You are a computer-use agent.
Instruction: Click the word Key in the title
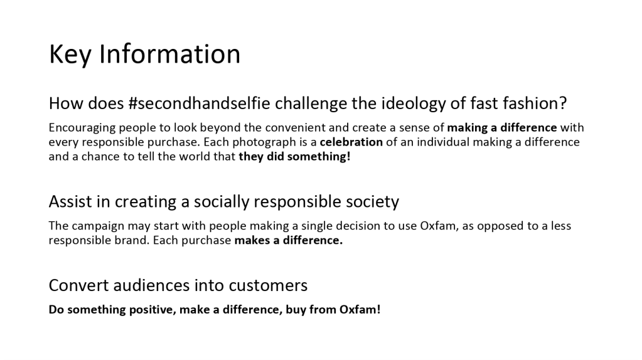70,54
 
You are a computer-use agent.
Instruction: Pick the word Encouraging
82,128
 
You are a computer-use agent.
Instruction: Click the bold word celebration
351,142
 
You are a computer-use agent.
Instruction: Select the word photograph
264,143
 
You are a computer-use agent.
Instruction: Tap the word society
373,202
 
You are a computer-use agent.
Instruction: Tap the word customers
268,285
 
